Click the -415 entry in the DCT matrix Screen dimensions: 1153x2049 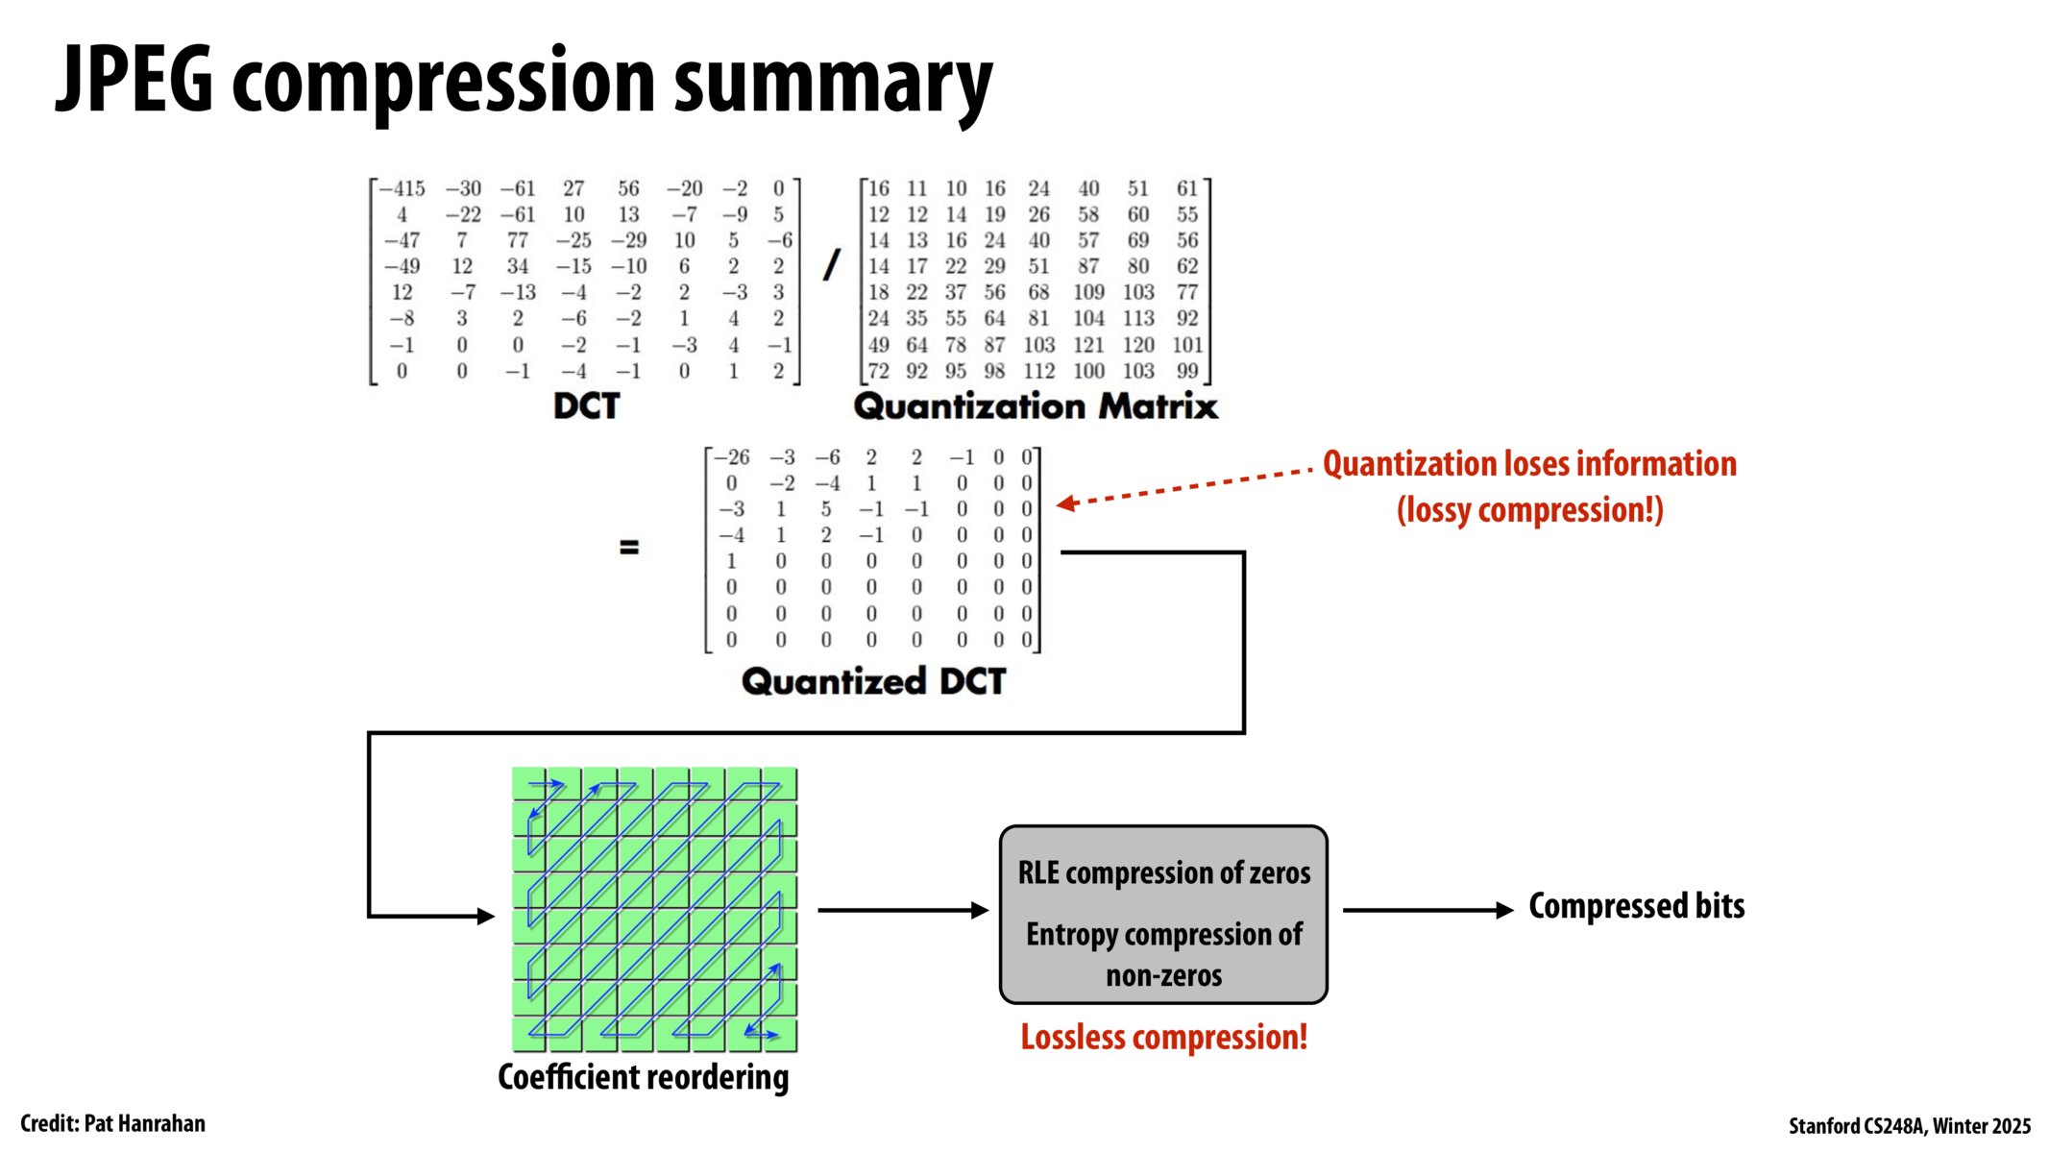402,189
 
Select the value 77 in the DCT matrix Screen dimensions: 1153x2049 518,240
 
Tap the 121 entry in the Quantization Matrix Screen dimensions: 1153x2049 1088,345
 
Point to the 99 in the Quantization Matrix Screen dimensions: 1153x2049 1187,371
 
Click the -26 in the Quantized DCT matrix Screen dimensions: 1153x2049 732,457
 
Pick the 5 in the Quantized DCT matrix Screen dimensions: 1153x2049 825,509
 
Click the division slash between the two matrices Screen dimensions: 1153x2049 832,265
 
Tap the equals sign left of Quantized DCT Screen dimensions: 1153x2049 629,548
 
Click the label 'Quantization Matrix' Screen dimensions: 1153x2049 1036,406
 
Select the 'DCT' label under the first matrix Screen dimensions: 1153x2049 586,406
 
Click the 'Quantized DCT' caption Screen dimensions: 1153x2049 873,681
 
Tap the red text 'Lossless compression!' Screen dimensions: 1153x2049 1163,1038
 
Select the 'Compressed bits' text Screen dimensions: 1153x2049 1636,906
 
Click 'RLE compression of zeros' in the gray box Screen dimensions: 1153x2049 1163,873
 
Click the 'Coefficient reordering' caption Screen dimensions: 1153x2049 643,1077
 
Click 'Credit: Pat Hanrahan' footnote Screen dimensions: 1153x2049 112,1123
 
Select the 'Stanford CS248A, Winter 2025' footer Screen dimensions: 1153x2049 1909,1125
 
